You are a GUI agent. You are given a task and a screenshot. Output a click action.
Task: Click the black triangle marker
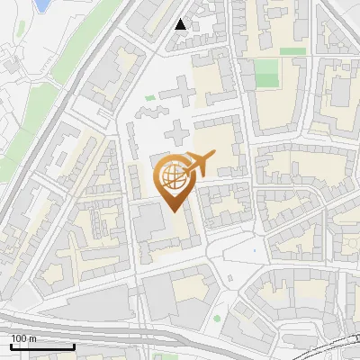tap(181, 24)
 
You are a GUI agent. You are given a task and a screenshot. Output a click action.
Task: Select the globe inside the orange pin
tap(174, 175)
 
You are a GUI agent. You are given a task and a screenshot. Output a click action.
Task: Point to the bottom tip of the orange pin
tap(175, 211)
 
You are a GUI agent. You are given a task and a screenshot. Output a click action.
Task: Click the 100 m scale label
tap(23, 337)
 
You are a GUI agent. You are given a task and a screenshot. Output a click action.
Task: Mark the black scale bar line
tap(42, 346)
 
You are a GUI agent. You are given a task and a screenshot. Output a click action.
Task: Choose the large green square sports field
tap(266, 74)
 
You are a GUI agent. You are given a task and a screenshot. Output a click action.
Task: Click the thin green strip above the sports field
tap(292, 51)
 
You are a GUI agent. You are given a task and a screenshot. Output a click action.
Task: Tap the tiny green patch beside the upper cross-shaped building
tap(150, 98)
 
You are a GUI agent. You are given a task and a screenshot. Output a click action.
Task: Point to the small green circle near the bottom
tap(217, 319)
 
